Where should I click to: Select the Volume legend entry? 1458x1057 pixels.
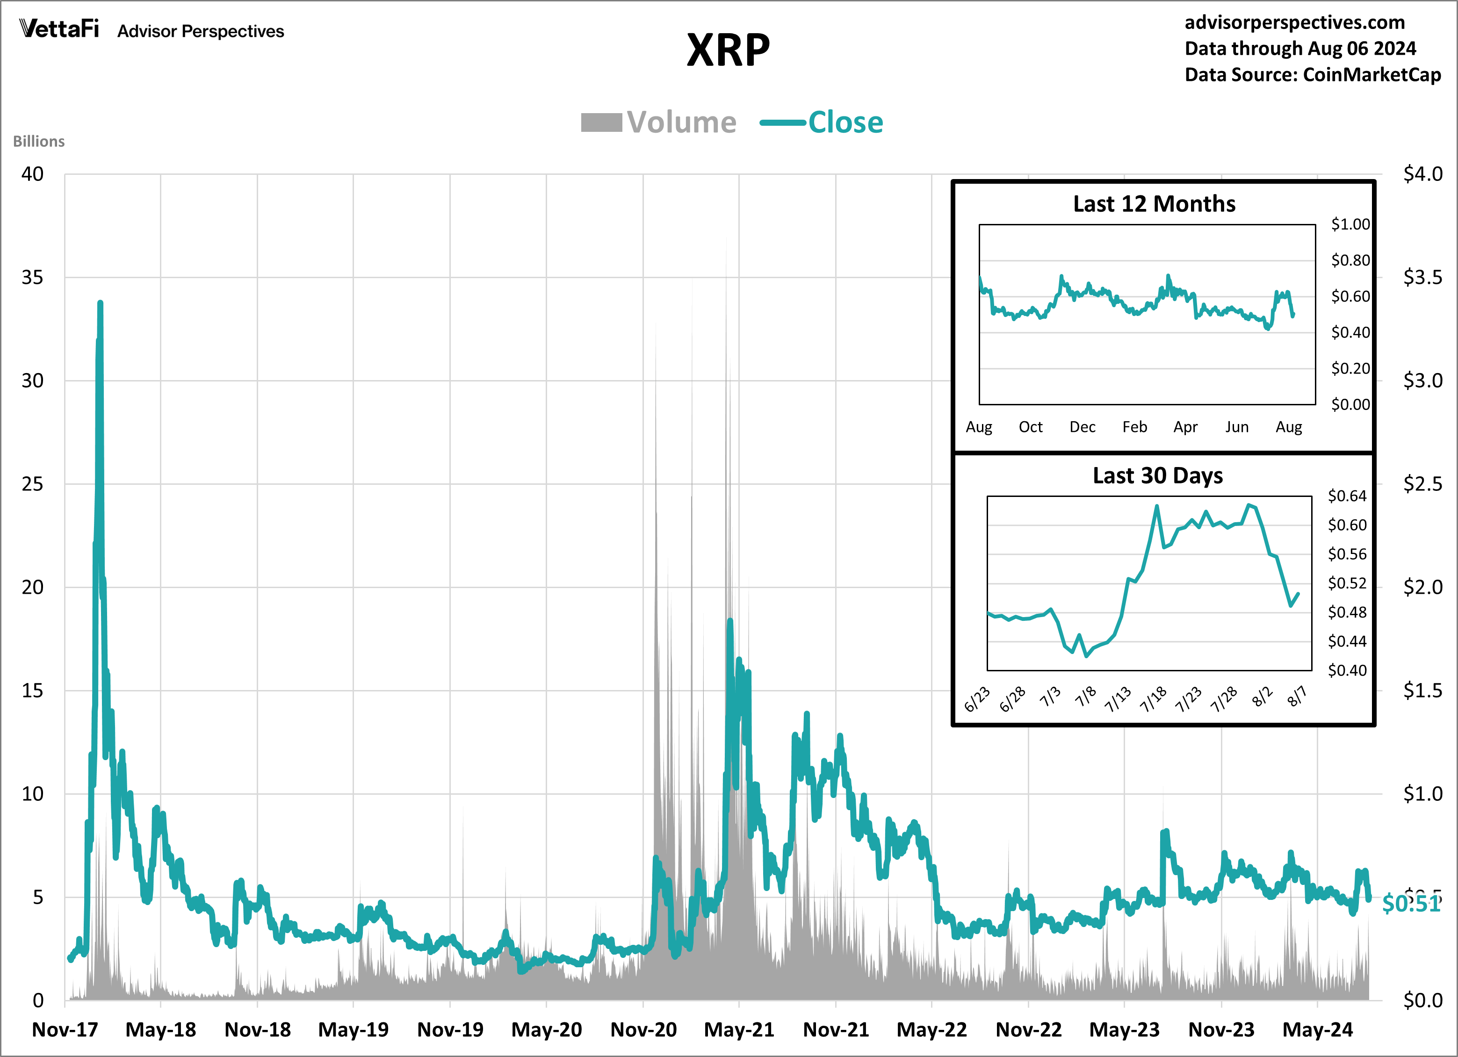point(658,122)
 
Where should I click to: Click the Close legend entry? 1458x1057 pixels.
point(822,122)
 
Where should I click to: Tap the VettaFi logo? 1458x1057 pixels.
point(59,29)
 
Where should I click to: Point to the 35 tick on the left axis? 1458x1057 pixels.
point(32,278)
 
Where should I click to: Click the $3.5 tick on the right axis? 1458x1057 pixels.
point(1422,278)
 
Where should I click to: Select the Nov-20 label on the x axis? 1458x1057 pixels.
point(643,1030)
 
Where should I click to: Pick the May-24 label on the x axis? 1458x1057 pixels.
point(1317,1030)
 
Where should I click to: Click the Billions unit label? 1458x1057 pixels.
point(38,141)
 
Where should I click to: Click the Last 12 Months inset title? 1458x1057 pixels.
point(1154,204)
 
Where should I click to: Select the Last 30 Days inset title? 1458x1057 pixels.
point(1157,475)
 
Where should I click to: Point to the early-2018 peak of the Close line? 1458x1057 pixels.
point(100,303)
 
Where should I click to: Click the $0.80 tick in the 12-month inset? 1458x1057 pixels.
point(1350,260)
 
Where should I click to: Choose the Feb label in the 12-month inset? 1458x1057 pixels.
point(1134,427)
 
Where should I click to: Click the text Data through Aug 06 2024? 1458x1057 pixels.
point(1300,48)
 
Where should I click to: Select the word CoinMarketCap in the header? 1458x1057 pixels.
point(1371,74)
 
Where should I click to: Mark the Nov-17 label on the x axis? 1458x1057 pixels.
point(65,1030)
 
